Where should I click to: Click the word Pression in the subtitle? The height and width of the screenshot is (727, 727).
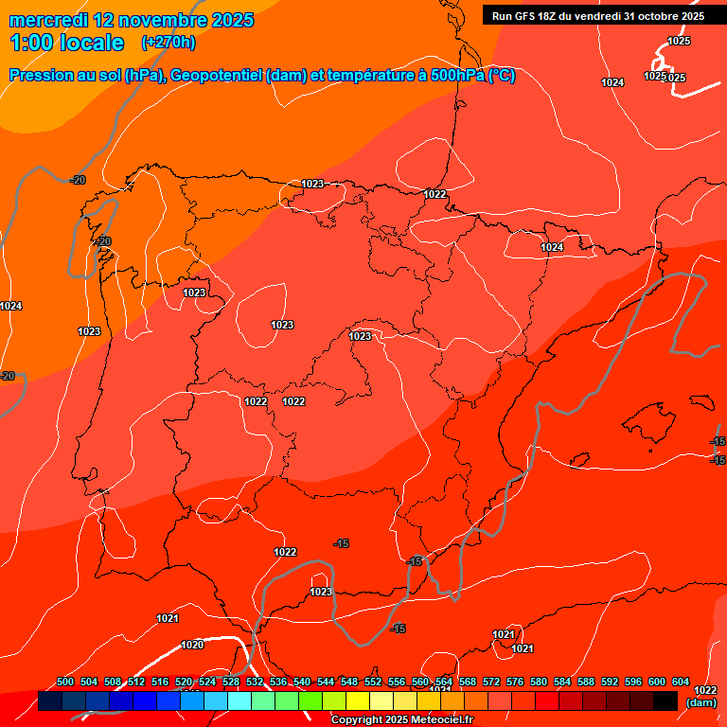point(44,76)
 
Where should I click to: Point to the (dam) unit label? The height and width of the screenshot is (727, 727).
point(700,702)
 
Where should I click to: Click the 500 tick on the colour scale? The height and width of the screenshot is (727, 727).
point(65,682)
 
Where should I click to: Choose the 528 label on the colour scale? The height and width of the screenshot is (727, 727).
point(231,682)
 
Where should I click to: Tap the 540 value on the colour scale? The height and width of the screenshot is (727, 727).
point(302,682)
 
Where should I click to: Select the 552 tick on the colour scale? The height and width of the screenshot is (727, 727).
point(373,682)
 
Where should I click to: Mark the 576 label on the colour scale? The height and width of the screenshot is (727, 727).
point(515,682)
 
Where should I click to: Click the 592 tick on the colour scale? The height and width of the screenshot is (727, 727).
point(610,682)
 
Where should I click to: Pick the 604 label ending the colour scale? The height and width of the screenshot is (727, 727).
point(681,682)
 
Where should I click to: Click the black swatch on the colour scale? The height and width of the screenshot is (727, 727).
point(665,700)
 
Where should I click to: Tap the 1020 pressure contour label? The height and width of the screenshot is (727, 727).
point(192,645)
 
